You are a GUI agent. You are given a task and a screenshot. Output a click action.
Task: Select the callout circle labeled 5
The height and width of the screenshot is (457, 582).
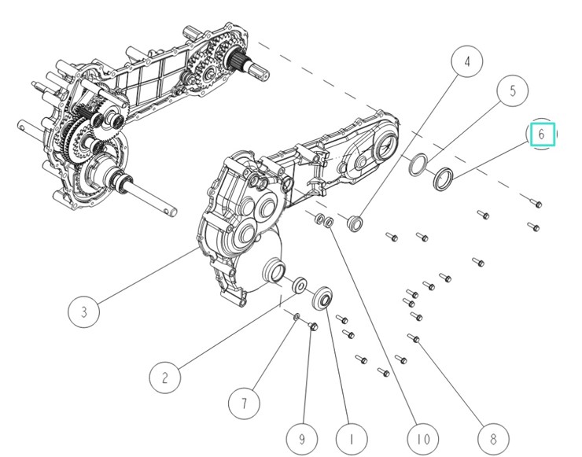[513, 90]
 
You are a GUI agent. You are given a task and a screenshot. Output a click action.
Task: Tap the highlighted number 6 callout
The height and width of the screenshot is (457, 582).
[542, 135]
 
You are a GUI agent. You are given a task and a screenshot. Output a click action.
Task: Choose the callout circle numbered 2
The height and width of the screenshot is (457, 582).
[164, 378]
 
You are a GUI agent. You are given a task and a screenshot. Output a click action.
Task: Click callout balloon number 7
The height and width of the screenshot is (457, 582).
[244, 404]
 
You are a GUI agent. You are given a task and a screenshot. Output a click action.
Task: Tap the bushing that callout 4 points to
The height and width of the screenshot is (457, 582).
[354, 223]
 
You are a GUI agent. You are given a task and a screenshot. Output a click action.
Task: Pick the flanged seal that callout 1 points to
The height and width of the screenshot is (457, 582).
[322, 300]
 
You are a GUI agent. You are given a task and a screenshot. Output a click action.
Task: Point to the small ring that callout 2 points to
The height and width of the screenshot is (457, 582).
[300, 285]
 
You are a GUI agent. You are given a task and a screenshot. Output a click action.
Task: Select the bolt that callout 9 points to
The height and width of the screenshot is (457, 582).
[312, 326]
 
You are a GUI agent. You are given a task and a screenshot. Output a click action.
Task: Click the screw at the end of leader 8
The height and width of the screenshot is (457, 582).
[414, 339]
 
